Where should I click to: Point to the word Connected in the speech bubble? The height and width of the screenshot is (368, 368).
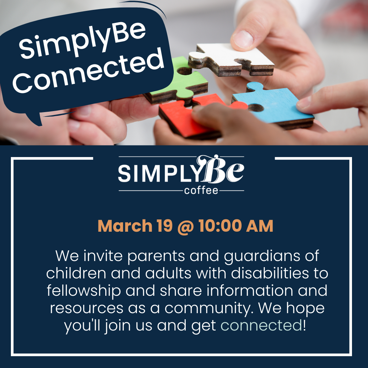click(88, 71)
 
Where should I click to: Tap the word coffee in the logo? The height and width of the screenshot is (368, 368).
click(201, 190)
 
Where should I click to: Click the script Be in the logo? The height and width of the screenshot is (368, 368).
click(220, 169)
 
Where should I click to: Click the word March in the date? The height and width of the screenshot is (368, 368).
click(125, 226)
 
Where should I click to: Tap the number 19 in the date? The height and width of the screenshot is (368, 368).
click(165, 226)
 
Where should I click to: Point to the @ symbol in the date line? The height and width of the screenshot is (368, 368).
click(186, 227)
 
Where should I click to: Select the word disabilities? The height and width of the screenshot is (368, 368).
click(270, 273)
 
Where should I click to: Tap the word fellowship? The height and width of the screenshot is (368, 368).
click(84, 291)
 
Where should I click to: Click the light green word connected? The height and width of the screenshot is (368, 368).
click(261, 325)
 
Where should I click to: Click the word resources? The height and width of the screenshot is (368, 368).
click(87, 308)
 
